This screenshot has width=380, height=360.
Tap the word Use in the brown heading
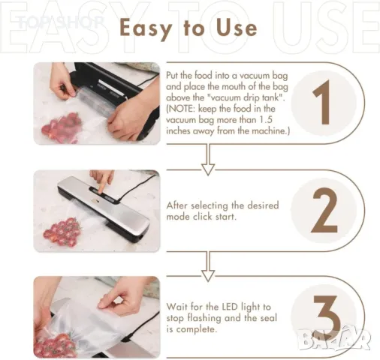[x=237, y=27]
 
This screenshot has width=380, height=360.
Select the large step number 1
[x=322, y=103]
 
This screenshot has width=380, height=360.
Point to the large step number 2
[x=324, y=210]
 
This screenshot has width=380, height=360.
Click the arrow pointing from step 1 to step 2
[x=208, y=160]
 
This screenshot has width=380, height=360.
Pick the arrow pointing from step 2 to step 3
[x=208, y=267]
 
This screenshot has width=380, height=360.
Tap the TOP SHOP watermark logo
[x=61, y=22]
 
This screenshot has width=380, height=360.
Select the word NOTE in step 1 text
[x=180, y=109]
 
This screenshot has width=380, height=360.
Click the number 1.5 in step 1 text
[x=266, y=120]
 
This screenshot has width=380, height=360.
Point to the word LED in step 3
[x=230, y=307]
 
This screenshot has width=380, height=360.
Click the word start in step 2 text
[x=226, y=217]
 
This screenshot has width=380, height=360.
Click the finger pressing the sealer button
[x=103, y=181]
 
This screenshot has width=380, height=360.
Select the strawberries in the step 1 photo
[x=62, y=127]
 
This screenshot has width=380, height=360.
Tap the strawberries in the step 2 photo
[x=62, y=232]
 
